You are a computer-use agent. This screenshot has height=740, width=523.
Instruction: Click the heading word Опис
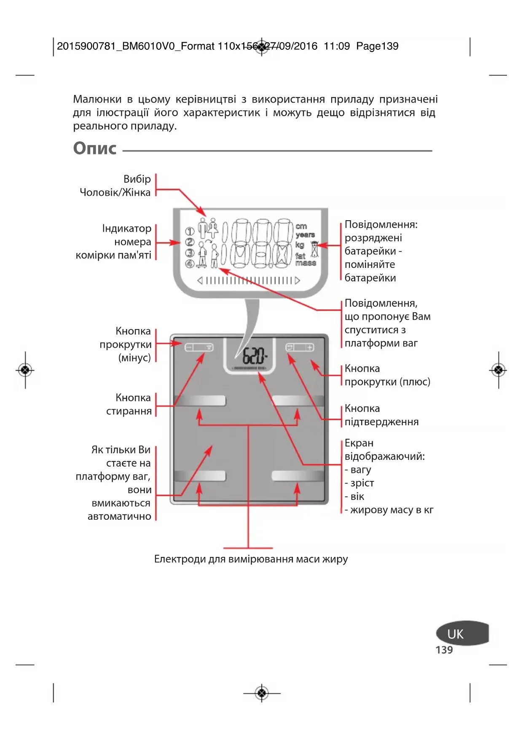pyautogui.click(x=95, y=149)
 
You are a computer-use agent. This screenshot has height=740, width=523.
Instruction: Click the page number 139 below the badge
pyautogui.click(x=444, y=650)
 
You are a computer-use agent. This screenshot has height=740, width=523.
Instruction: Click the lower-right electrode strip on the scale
pyautogui.click(x=298, y=476)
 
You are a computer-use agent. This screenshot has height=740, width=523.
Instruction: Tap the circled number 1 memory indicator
pyautogui.click(x=190, y=231)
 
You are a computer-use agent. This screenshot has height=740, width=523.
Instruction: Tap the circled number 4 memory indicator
pyautogui.click(x=190, y=264)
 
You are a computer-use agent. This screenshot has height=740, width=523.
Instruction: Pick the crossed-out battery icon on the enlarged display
pyautogui.click(x=314, y=250)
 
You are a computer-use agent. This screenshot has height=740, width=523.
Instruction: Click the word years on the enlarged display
pyautogui.click(x=306, y=235)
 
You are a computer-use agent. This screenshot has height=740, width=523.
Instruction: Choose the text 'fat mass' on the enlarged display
pyautogui.click(x=305, y=259)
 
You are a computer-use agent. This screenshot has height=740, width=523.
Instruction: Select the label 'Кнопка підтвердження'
pyautogui.click(x=381, y=415)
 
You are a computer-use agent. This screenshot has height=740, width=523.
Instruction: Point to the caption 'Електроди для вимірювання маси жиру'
pyautogui.click(x=251, y=559)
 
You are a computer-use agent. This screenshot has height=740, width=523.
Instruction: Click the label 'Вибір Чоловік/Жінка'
pyautogui.click(x=115, y=186)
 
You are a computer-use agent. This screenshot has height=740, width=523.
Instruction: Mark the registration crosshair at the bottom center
pyautogui.click(x=262, y=693)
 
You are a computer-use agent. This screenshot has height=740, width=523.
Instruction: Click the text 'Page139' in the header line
pyautogui.click(x=377, y=46)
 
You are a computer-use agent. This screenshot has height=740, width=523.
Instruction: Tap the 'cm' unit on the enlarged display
pyautogui.click(x=301, y=226)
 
